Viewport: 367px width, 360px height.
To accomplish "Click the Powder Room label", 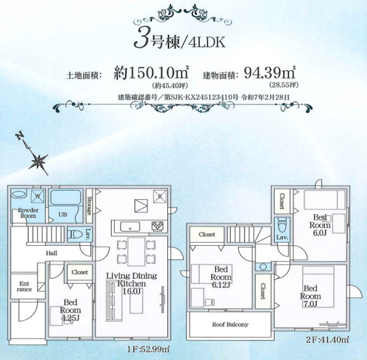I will coord(27,213).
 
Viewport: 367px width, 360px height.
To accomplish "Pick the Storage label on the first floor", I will coord(88,208).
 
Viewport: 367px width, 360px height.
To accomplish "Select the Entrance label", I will coord(24,287).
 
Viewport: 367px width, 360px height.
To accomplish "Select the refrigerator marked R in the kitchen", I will coord(159,196).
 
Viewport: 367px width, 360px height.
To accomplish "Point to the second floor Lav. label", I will coord(281,239).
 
